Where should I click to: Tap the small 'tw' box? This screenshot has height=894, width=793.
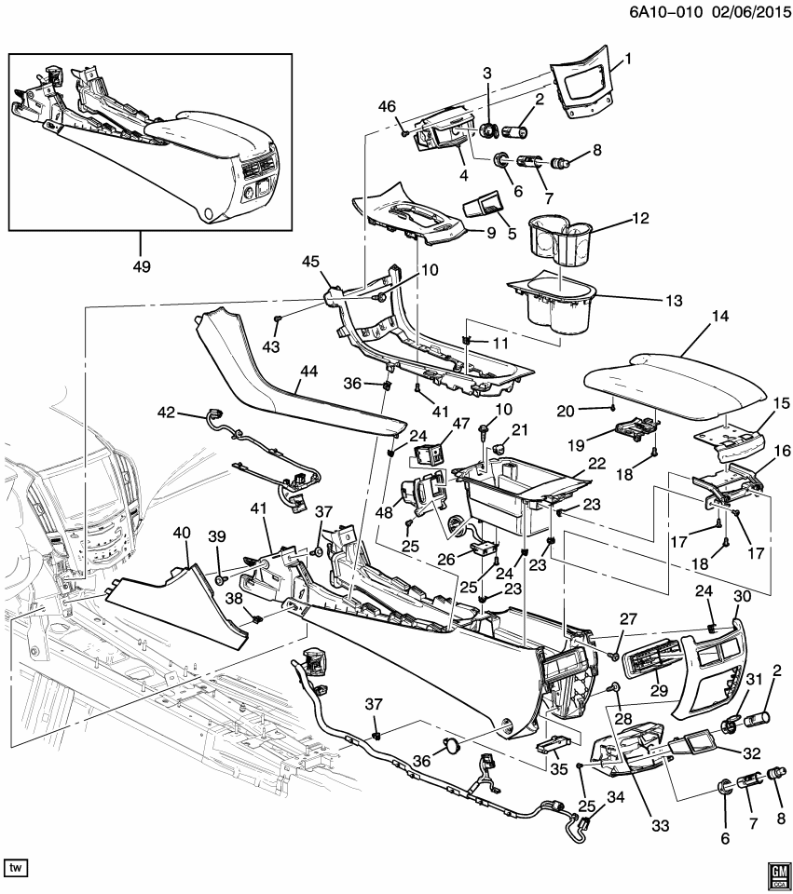pyautogui.click(x=16, y=867)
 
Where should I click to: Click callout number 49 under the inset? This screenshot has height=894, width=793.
pyautogui.click(x=142, y=266)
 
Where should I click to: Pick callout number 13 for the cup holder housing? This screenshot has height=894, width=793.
pyautogui.click(x=673, y=301)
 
